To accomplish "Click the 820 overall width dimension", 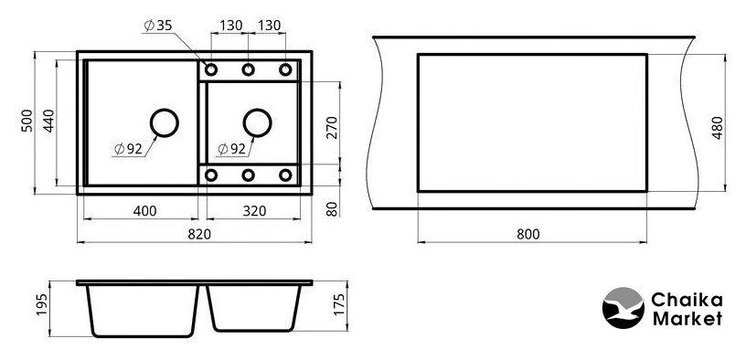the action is pyautogui.click(x=199, y=234).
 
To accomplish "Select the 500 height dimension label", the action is pyautogui.click(x=27, y=121).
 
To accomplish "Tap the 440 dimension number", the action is pyautogui.click(x=48, y=121).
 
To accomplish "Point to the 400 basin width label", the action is pyautogui.click(x=145, y=211).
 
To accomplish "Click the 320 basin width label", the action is pyautogui.click(x=254, y=211).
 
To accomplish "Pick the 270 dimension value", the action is pyautogui.click(x=332, y=127).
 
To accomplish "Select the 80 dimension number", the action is pyautogui.click(x=332, y=208).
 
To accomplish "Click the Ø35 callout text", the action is pyautogui.click(x=158, y=26).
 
